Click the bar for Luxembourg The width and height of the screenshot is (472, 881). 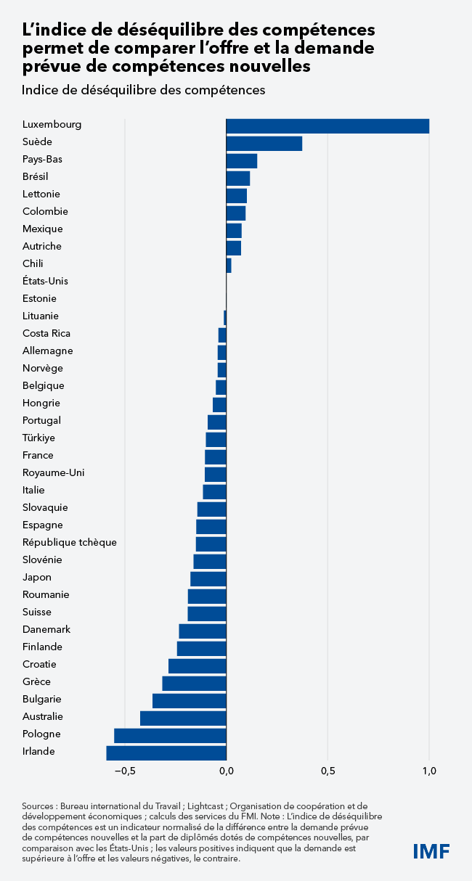click(x=327, y=126)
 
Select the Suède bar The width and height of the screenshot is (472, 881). click(x=264, y=143)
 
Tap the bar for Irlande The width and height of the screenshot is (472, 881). click(x=166, y=753)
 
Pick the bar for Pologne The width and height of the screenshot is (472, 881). click(x=170, y=735)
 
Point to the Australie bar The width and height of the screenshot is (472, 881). click(x=183, y=718)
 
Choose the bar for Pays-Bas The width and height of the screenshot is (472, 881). click(x=242, y=160)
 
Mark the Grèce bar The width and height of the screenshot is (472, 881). click(x=194, y=683)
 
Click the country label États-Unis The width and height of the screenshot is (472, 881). click(x=45, y=282)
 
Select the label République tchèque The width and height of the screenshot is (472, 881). click(x=69, y=543)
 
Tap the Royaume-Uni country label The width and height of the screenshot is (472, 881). click(x=53, y=473)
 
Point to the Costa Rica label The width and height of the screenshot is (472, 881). click(x=46, y=334)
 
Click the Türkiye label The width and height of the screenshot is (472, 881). click(x=38, y=438)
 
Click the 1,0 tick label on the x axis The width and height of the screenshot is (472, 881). click(x=429, y=771)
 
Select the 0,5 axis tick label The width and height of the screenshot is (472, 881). click(x=327, y=771)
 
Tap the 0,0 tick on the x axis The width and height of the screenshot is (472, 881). click(x=227, y=771)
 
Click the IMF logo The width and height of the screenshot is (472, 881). click(x=431, y=851)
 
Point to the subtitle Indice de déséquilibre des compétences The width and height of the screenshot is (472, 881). click(x=143, y=91)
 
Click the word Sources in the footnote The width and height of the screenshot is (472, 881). click(x=38, y=806)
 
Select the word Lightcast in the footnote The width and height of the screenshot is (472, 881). click(x=210, y=806)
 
